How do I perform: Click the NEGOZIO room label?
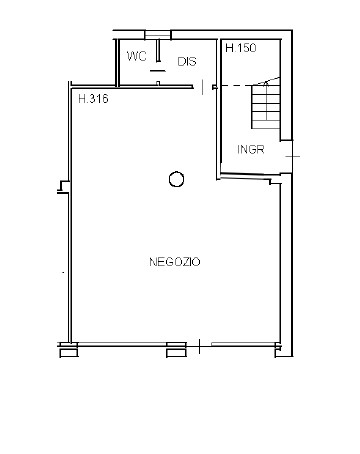tap(175, 262)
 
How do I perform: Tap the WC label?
tap(137, 56)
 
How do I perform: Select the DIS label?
tap(187, 61)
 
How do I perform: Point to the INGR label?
tap(251, 149)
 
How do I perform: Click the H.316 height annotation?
tap(93, 99)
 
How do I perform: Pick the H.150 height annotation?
tap(241, 48)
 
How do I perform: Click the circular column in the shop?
tap(176, 179)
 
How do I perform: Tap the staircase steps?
tap(266, 106)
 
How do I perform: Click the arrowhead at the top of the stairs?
tap(266, 83)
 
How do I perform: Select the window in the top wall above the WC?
tap(158, 34)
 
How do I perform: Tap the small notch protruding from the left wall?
tap(64, 187)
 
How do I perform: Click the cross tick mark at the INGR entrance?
tap(293, 156)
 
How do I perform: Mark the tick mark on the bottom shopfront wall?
tap(199, 346)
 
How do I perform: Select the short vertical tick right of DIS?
tap(202, 87)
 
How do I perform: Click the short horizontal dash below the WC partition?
tap(157, 71)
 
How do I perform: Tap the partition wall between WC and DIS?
tap(158, 51)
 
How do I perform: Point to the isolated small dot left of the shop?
tap(63, 272)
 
